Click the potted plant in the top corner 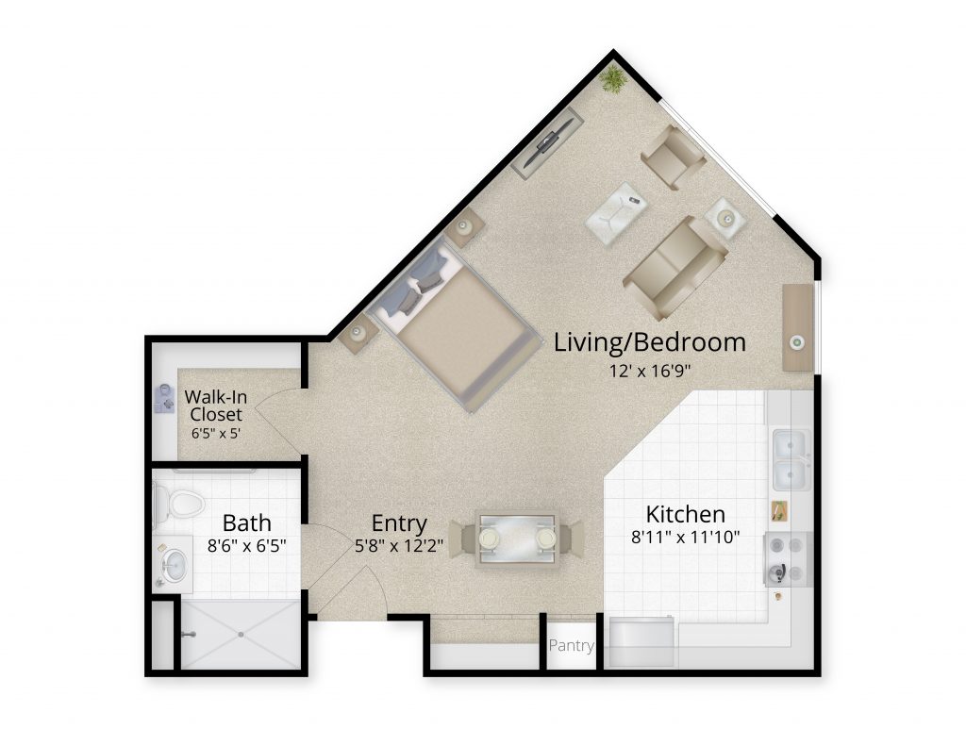coord(613,79)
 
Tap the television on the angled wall coord(548,143)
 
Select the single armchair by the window coord(674,157)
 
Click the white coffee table coord(616,211)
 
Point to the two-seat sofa coord(675,268)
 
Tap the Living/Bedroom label coord(649,342)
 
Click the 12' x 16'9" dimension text coord(650,371)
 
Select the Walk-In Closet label coord(216,405)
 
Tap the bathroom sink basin coord(175,564)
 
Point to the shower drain coord(241,634)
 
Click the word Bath coord(246,522)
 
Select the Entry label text coord(399,523)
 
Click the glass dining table coord(516,539)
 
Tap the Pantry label coord(571,645)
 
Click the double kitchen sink coord(791,460)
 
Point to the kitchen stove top coord(787,558)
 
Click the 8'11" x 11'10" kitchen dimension coord(685,538)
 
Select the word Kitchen coord(685,514)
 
